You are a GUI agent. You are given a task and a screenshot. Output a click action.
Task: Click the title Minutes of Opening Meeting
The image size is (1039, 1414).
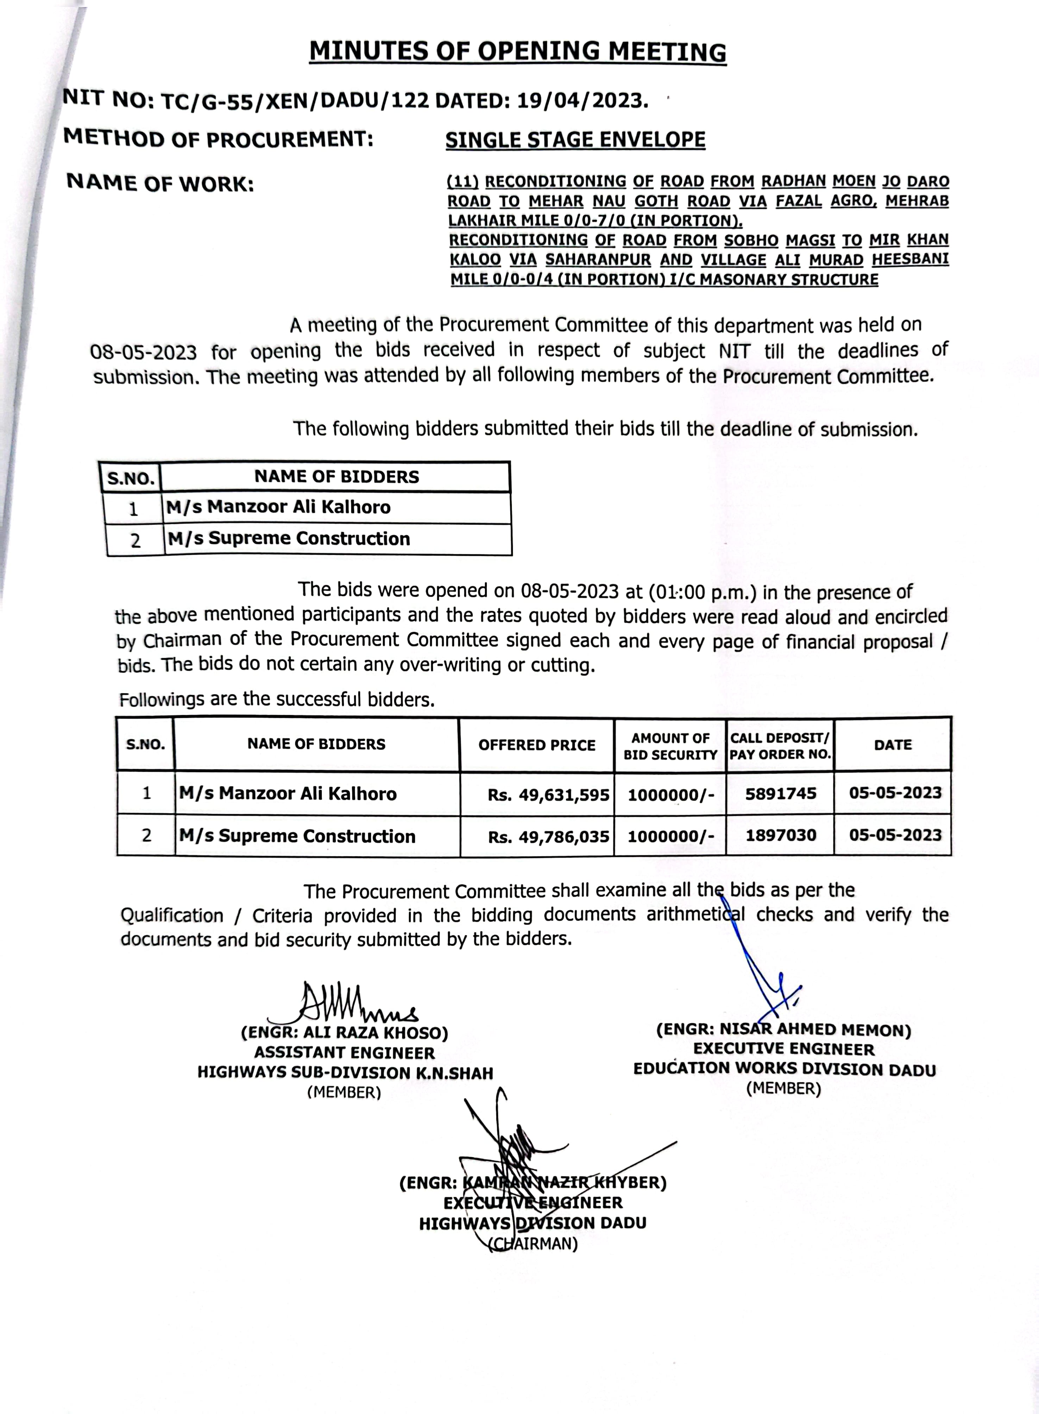pos(518,51)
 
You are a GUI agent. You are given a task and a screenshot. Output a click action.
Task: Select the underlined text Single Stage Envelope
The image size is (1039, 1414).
pos(575,140)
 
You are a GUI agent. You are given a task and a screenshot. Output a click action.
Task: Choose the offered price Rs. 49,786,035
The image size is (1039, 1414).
pos(548,837)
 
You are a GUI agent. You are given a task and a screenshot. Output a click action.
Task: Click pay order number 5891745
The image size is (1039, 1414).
pos(781,793)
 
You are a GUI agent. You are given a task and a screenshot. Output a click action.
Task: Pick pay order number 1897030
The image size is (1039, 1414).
pos(781,835)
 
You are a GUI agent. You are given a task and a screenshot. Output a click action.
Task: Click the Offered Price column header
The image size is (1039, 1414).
pos(536,745)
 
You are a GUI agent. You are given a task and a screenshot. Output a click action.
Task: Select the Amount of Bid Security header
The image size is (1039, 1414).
pos(670,746)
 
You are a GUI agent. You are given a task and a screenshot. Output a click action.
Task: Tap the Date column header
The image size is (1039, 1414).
pos(893,745)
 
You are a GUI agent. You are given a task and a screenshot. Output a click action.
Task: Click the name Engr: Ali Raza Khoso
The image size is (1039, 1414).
pos(344,1033)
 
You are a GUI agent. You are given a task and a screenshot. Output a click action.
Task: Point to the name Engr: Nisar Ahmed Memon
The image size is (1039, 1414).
pos(784,1030)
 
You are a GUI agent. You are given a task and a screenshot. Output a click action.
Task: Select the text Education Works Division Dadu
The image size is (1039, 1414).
pos(784,1069)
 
